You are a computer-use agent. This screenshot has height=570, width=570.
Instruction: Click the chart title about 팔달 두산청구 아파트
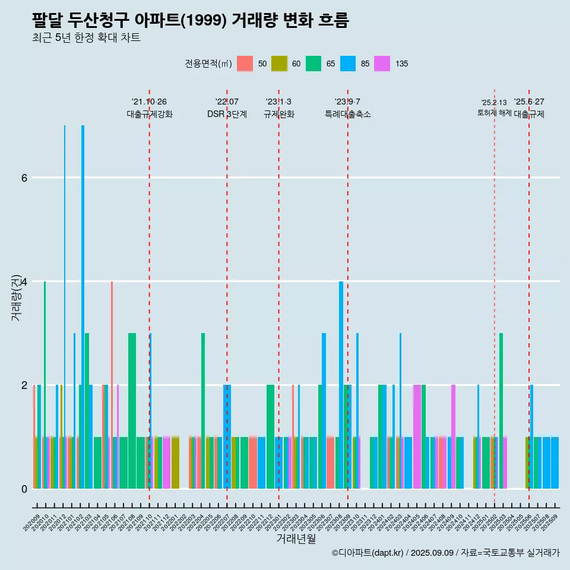tap(190, 21)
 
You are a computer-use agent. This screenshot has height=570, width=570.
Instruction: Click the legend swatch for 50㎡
tap(245, 64)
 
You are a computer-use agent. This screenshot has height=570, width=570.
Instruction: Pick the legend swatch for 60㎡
tap(279, 64)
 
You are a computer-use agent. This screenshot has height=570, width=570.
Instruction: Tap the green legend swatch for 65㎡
tap(313, 64)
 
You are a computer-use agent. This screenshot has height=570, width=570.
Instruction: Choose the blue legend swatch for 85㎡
tap(348, 64)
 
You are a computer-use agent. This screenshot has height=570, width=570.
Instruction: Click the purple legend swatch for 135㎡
tap(382, 64)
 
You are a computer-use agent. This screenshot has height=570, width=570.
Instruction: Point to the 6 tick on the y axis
tap(24, 178)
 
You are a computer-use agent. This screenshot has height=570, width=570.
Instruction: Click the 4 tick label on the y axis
tap(24, 281)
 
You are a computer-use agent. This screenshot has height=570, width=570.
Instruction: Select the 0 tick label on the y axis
tap(24, 489)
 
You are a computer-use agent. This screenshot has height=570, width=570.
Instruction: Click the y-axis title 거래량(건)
tap(16, 297)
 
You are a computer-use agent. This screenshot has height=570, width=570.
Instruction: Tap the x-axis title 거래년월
tap(296, 539)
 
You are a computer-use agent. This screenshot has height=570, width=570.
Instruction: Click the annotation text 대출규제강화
tap(150, 115)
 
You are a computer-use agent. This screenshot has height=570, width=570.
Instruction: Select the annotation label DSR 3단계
tap(227, 115)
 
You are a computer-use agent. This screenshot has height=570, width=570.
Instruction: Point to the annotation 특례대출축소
tap(348, 115)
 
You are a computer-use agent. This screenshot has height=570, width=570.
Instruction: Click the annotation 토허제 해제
tap(494, 113)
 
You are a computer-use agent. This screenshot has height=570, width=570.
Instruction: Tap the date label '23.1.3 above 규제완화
tap(278, 102)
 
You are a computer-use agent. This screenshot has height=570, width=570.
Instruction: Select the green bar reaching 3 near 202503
tap(501, 410)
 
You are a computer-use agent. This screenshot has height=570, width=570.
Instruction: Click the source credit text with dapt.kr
tap(445, 553)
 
